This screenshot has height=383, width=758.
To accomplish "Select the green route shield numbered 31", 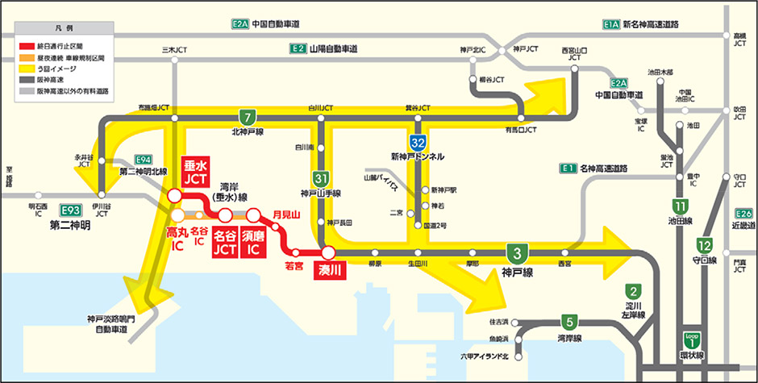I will point(320,178).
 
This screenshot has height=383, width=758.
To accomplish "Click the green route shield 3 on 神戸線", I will point(513,252).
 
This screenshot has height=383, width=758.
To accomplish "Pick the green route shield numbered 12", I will point(705,246).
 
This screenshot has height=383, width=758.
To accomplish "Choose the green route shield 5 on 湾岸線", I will point(569,320).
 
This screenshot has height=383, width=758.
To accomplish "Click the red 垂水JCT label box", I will point(197,169).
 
